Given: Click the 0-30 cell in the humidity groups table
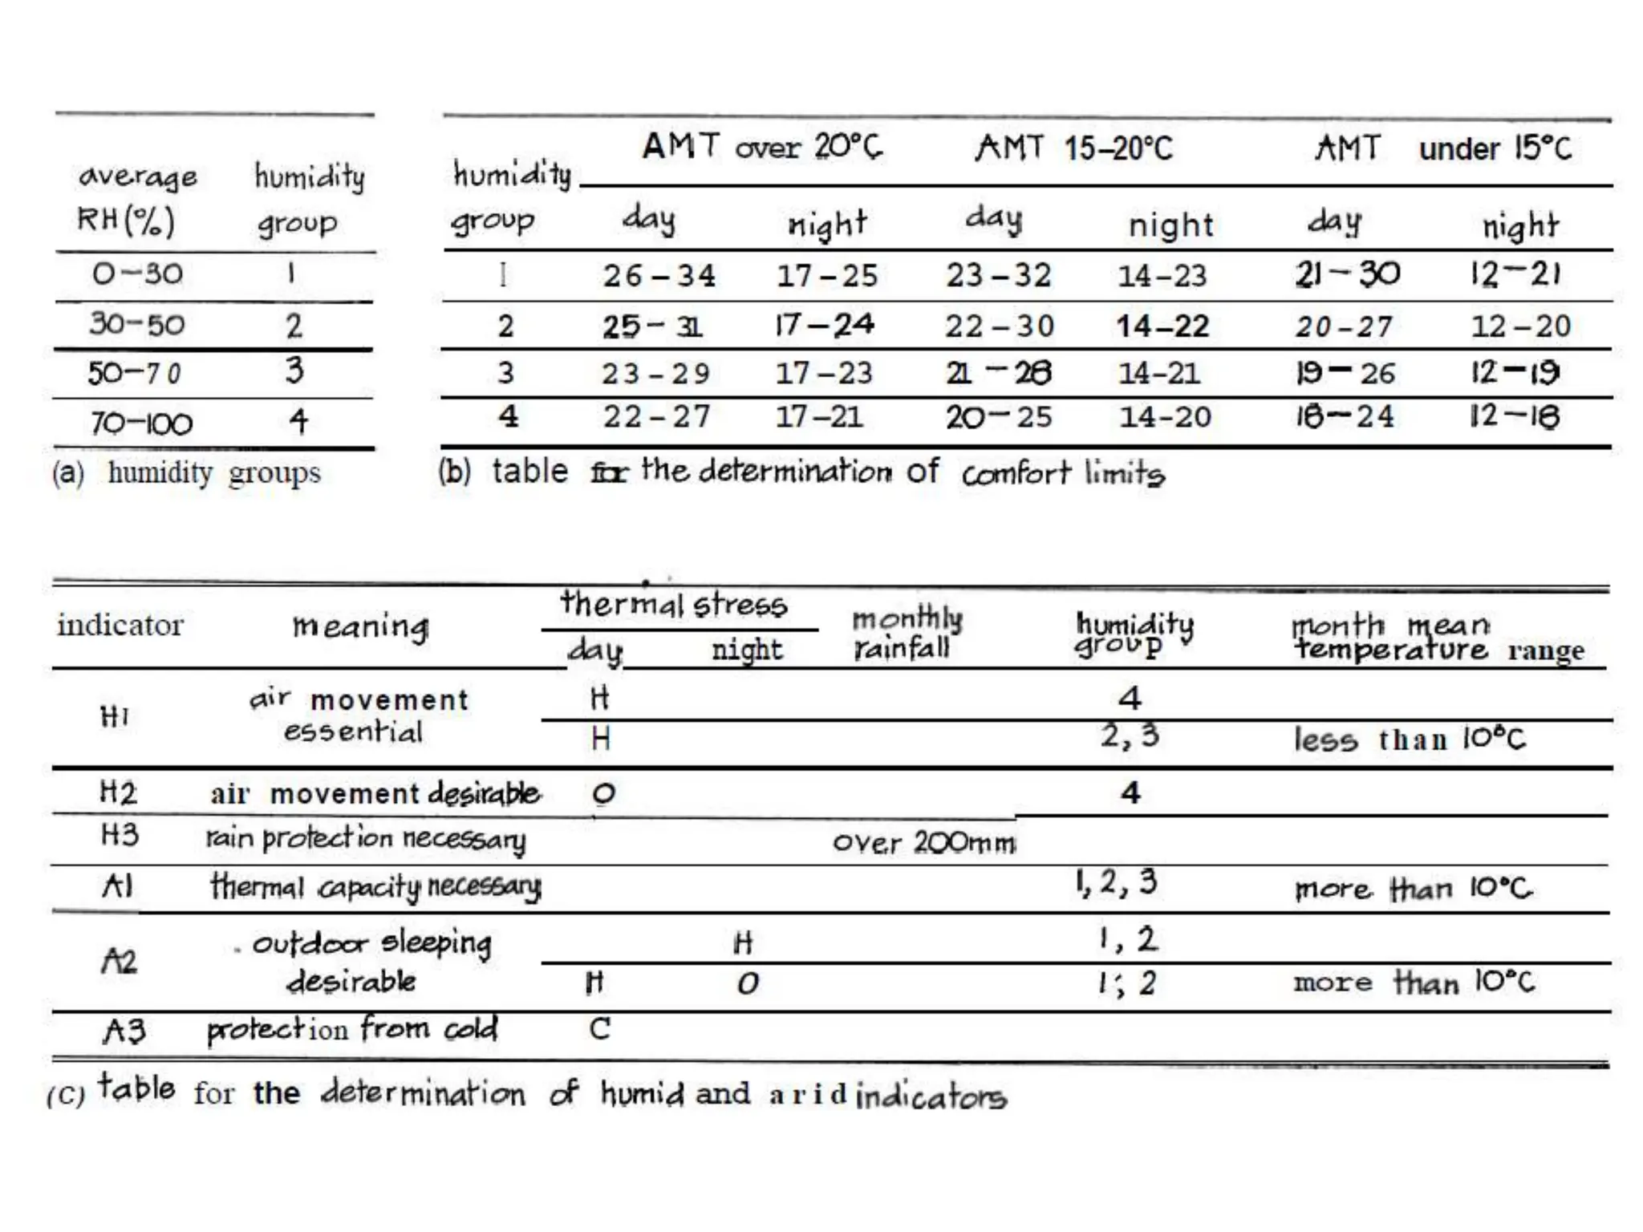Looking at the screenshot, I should tap(137, 274).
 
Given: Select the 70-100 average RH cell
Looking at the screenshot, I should tap(141, 423).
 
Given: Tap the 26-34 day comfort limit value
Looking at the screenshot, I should tap(659, 276).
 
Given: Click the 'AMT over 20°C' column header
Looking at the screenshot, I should tap(761, 147).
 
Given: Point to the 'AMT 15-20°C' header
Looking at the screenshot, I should tap(1073, 148).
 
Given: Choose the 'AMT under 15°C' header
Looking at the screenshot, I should tap(1442, 148).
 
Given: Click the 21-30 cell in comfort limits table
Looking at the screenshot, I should tap(1348, 274).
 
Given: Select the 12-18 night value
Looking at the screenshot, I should tap(1515, 416).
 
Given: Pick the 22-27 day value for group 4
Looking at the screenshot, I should tap(656, 416).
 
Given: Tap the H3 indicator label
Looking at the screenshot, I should tap(120, 836).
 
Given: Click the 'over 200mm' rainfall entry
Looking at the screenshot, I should tap(923, 842).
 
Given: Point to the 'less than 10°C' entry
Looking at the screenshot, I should tap(1409, 739).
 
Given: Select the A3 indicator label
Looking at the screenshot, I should tap(124, 1031).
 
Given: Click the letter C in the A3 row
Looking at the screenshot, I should tap(599, 1029).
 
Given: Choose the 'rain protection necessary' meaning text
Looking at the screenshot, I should tap(366, 838).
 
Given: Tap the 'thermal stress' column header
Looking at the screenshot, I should tap(674, 604).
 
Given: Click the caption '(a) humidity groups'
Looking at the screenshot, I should tap(186, 472).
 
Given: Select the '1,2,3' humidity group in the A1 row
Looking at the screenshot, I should tap(1116, 883).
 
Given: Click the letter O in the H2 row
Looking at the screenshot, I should tap(603, 793).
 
